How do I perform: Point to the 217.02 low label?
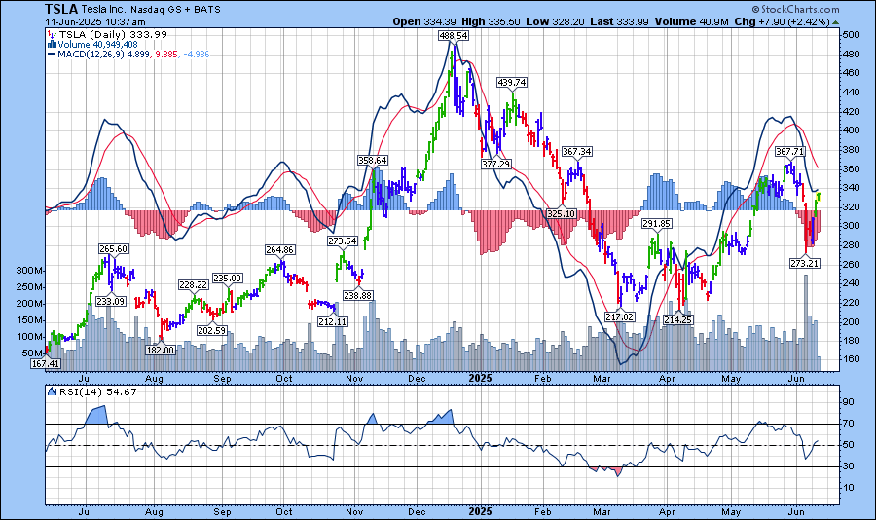tap(619, 316)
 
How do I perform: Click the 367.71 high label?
tap(789, 152)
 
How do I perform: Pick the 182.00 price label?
tap(161, 350)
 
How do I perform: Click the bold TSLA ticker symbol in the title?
tap(62, 9)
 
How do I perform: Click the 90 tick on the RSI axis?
tap(849, 401)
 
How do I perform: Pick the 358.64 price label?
tap(372, 160)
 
